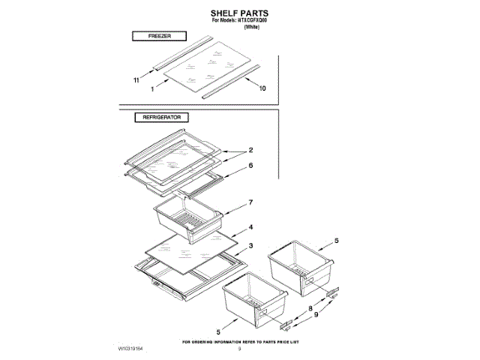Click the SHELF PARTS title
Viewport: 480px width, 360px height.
pyautogui.click(x=239, y=13)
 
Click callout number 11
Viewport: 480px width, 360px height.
pyautogui.click(x=136, y=79)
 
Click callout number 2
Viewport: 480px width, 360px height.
pyautogui.click(x=251, y=150)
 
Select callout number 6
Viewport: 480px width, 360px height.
pyautogui.click(x=251, y=165)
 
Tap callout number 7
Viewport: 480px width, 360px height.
pyautogui.click(x=251, y=202)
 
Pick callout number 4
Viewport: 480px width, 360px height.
pyautogui.click(x=251, y=226)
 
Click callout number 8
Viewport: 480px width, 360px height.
pyautogui.click(x=310, y=308)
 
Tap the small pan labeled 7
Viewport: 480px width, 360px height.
pyautogui.click(x=187, y=220)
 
